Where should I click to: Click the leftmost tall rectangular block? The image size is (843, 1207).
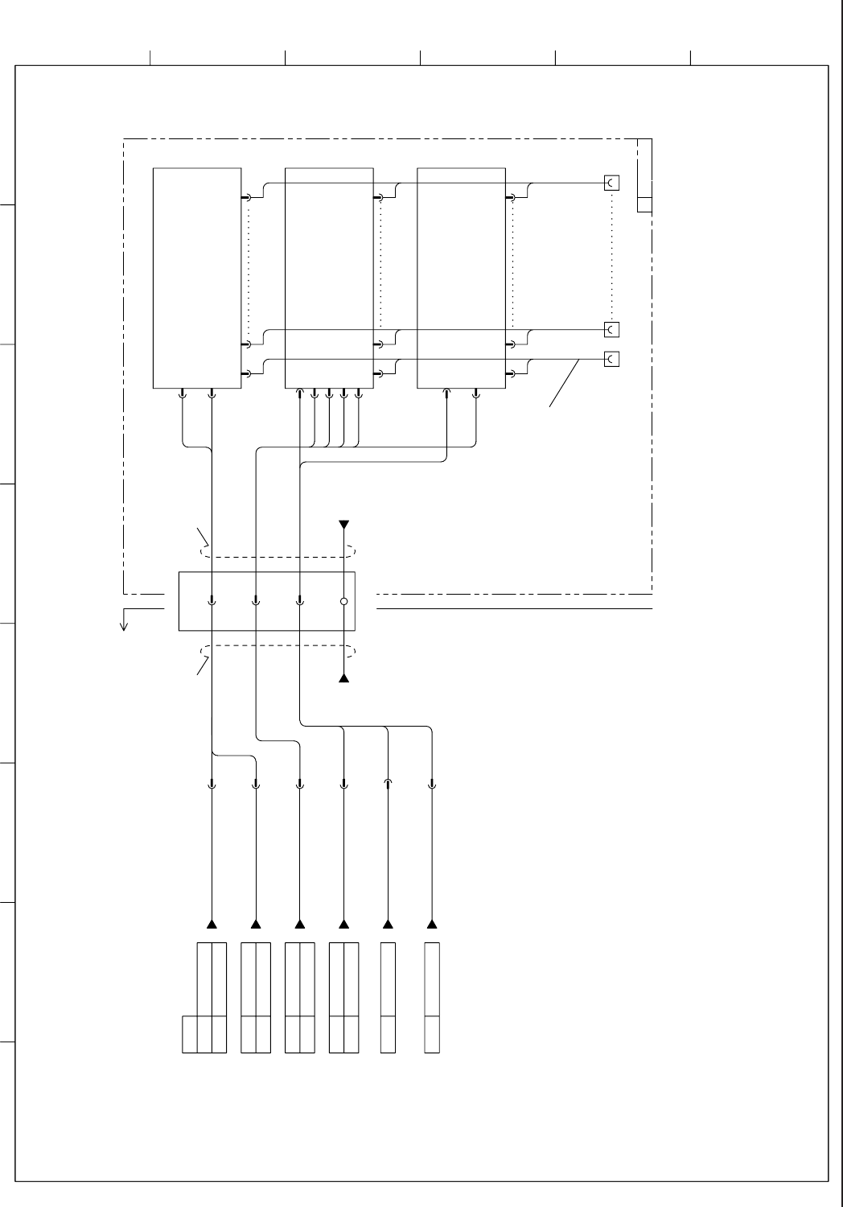tap(197, 278)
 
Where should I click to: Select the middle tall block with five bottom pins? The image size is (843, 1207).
tap(329, 278)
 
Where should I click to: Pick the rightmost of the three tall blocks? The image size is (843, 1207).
tap(461, 278)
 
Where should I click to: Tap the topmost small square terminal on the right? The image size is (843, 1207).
tap(612, 183)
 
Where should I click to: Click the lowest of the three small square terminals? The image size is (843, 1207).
tap(612, 359)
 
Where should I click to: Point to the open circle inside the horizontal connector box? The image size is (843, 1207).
tap(343, 601)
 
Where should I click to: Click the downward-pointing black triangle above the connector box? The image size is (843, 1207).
tap(343, 525)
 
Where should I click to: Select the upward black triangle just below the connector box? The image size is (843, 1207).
tap(343, 678)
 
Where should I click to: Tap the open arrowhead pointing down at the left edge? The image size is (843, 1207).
tap(124, 624)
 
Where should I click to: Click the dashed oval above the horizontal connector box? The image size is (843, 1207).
tap(278, 552)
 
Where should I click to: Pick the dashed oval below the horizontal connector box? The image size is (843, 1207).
tap(278, 651)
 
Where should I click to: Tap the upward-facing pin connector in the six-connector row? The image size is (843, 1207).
tap(388, 783)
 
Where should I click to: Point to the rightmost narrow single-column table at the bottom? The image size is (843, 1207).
tap(432, 997)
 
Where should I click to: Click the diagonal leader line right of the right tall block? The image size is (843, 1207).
tap(565, 383)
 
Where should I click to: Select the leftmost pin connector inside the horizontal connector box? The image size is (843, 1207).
tap(212, 600)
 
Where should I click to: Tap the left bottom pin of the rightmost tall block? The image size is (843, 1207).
tap(446, 393)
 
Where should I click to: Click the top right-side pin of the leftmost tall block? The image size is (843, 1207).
tap(246, 197)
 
